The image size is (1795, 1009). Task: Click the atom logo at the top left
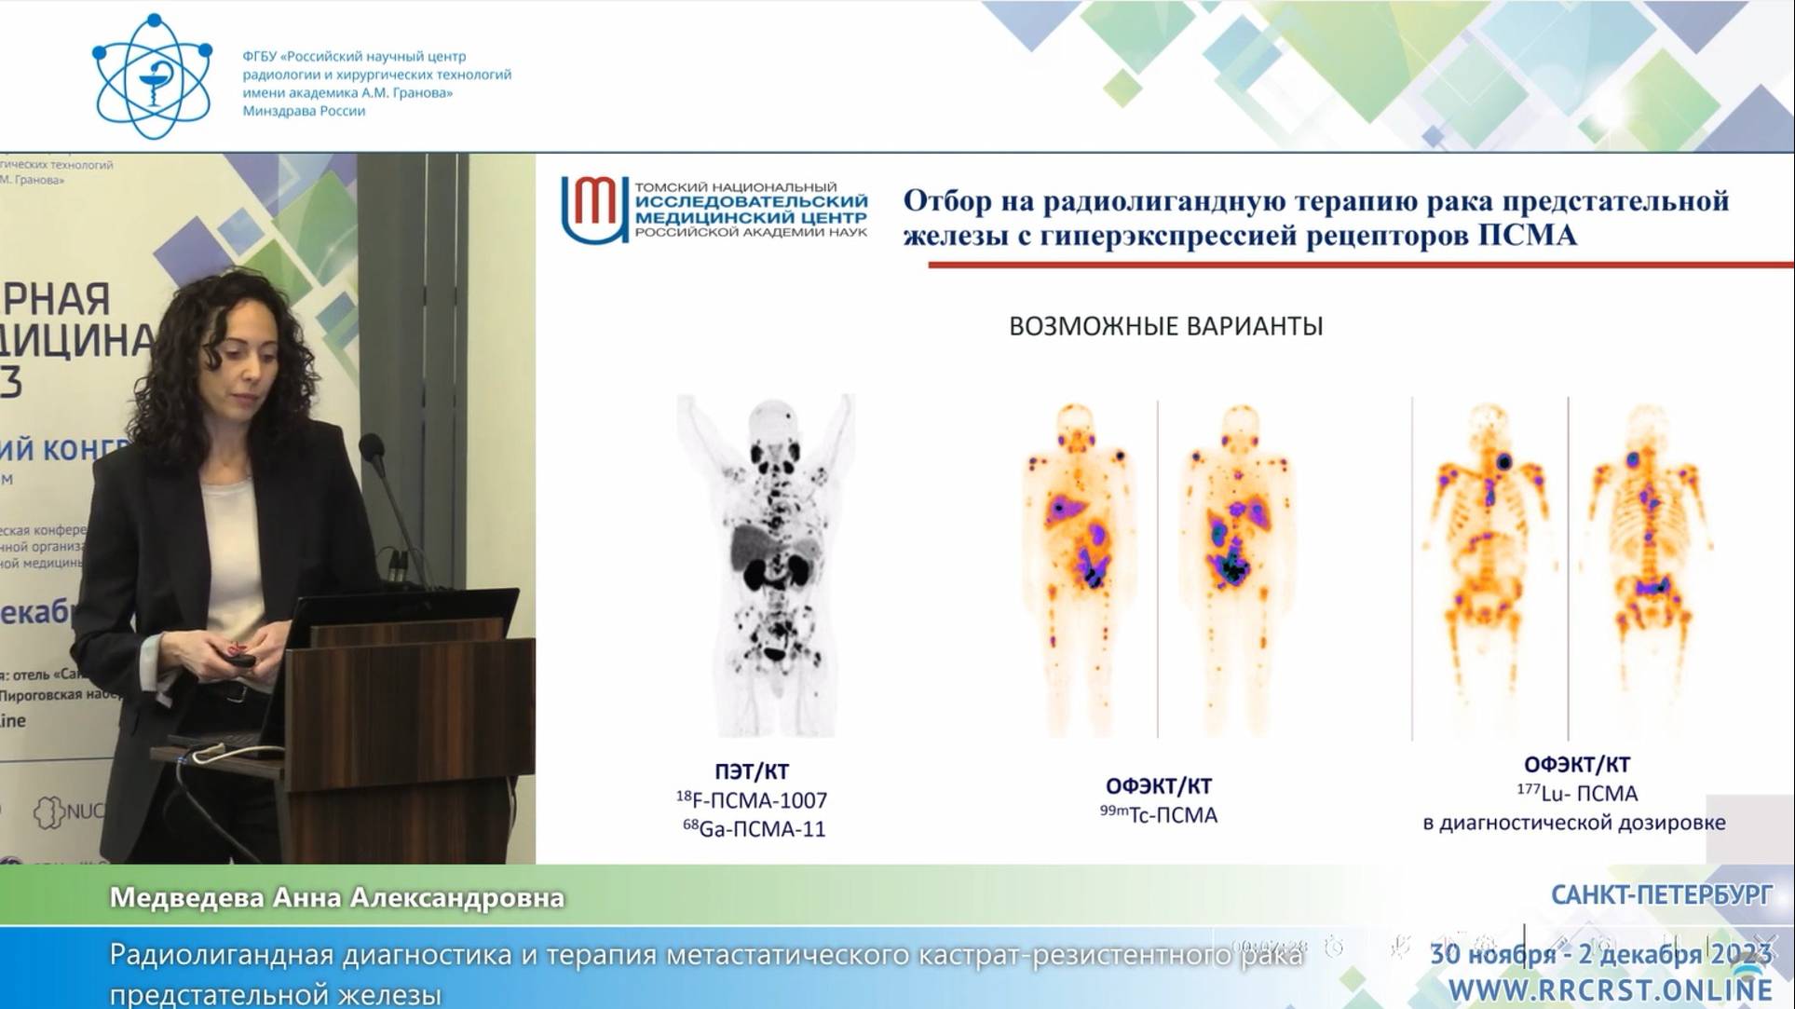click(x=152, y=76)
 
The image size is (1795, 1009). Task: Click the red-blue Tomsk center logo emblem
click(x=593, y=209)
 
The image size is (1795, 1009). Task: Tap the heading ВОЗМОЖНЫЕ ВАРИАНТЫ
click(x=1165, y=326)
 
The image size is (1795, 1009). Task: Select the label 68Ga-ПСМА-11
click(x=754, y=829)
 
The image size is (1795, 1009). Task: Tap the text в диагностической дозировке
click(x=1573, y=823)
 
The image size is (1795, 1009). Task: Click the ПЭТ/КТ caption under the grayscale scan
click(x=751, y=771)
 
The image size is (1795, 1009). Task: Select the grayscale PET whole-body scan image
click(x=766, y=564)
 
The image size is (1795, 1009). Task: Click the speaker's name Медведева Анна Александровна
click(x=336, y=897)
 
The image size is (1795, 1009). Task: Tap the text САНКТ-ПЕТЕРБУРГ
click(x=1661, y=895)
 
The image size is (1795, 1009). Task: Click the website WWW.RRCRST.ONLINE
click(x=1610, y=989)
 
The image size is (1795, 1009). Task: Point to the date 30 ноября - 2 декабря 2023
click(x=1599, y=954)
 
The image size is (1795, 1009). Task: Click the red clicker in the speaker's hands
click(x=239, y=655)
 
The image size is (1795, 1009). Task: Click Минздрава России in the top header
click(x=304, y=111)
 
